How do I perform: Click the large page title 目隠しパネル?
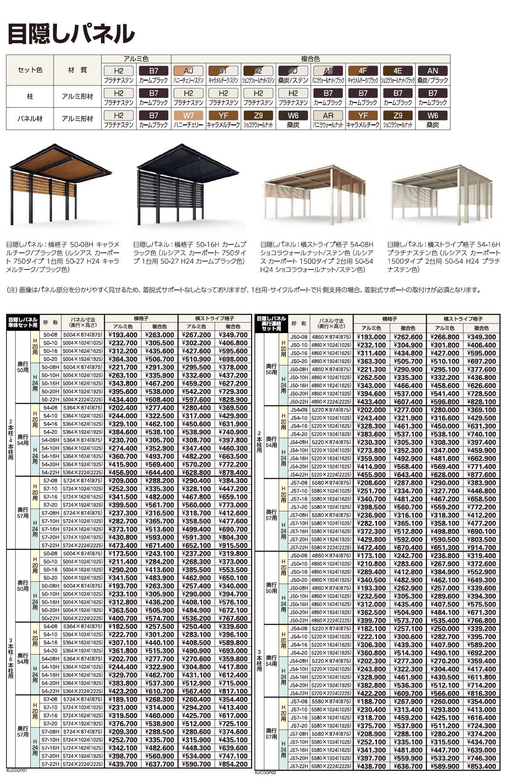tap(71, 34)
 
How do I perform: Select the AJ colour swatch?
tap(188, 71)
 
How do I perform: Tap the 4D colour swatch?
tap(293, 71)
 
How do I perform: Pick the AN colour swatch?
tap(433, 71)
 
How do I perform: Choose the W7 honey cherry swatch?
tap(188, 116)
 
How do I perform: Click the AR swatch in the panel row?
tap(328, 116)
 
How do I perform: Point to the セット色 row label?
tap(30, 70)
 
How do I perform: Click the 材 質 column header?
tap(77, 70)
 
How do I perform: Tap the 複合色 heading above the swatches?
tap(310, 59)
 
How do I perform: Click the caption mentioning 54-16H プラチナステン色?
tap(444, 257)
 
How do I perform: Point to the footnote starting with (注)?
tap(244, 290)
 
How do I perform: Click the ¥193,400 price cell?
tap(123, 335)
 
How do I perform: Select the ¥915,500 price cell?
tap(233, 545)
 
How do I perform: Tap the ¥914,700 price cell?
tap(482, 548)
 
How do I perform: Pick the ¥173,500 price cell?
tap(123, 554)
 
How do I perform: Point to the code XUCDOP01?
tap(17, 770)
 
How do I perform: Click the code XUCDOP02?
tap(265, 772)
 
